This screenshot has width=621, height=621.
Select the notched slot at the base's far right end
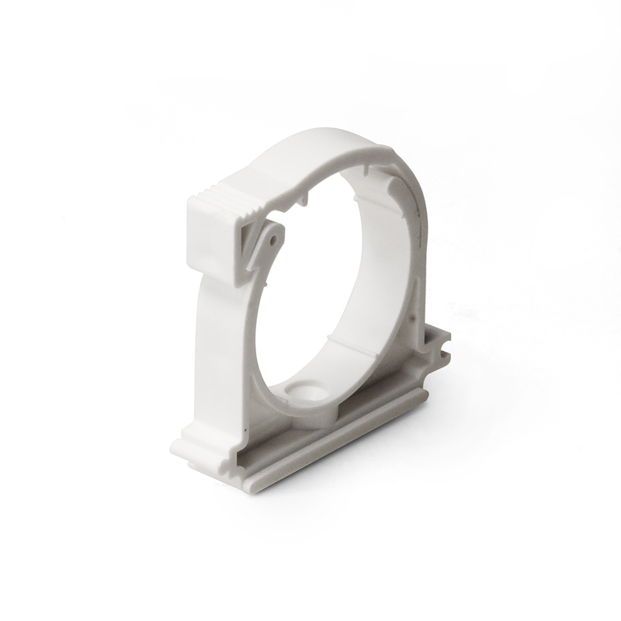[x=442, y=342]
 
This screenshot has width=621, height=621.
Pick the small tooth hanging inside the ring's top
[x=304, y=201]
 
